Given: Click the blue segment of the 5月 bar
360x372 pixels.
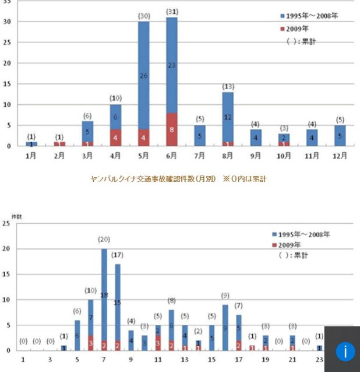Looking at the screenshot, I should (144, 75).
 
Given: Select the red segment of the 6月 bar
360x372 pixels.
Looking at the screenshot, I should (172, 129).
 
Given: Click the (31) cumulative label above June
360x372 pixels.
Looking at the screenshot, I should (172, 12).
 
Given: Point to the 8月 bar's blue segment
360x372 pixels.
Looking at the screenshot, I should (228, 116).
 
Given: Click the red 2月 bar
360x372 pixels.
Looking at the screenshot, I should (59, 143).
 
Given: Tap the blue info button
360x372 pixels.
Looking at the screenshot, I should (345, 352).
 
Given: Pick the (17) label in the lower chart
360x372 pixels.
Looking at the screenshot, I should (118, 255).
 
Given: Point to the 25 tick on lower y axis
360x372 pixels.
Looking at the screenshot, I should (6, 223).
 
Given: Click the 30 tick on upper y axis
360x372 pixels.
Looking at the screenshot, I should (6, 22).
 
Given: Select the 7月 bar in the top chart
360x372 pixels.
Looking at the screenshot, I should (200, 135).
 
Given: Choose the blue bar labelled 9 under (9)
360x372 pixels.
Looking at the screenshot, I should (225, 327).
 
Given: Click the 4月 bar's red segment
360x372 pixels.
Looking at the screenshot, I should (115, 137).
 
